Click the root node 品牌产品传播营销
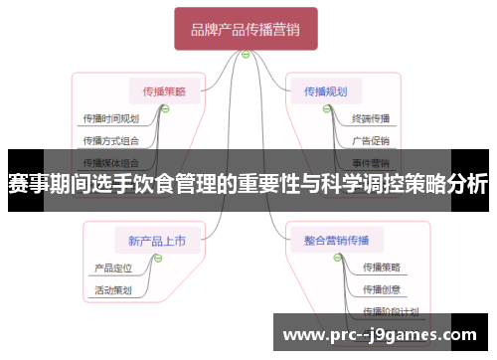[x=246, y=29]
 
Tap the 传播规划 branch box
[x=325, y=91]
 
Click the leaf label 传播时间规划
[x=110, y=118]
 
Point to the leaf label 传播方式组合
[x=110, y=140]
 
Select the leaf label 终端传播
[x=371, y=118]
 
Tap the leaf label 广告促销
[x=371, y=140]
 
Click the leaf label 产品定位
[x=112, y=268]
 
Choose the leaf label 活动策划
[x=112, y=290]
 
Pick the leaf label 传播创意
[x=382, y=289]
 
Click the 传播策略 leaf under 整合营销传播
[x=382, y=268]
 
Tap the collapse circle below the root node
[x=246, y=54]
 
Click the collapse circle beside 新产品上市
[x=157, y=258]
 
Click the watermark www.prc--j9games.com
[x=381, y=334]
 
